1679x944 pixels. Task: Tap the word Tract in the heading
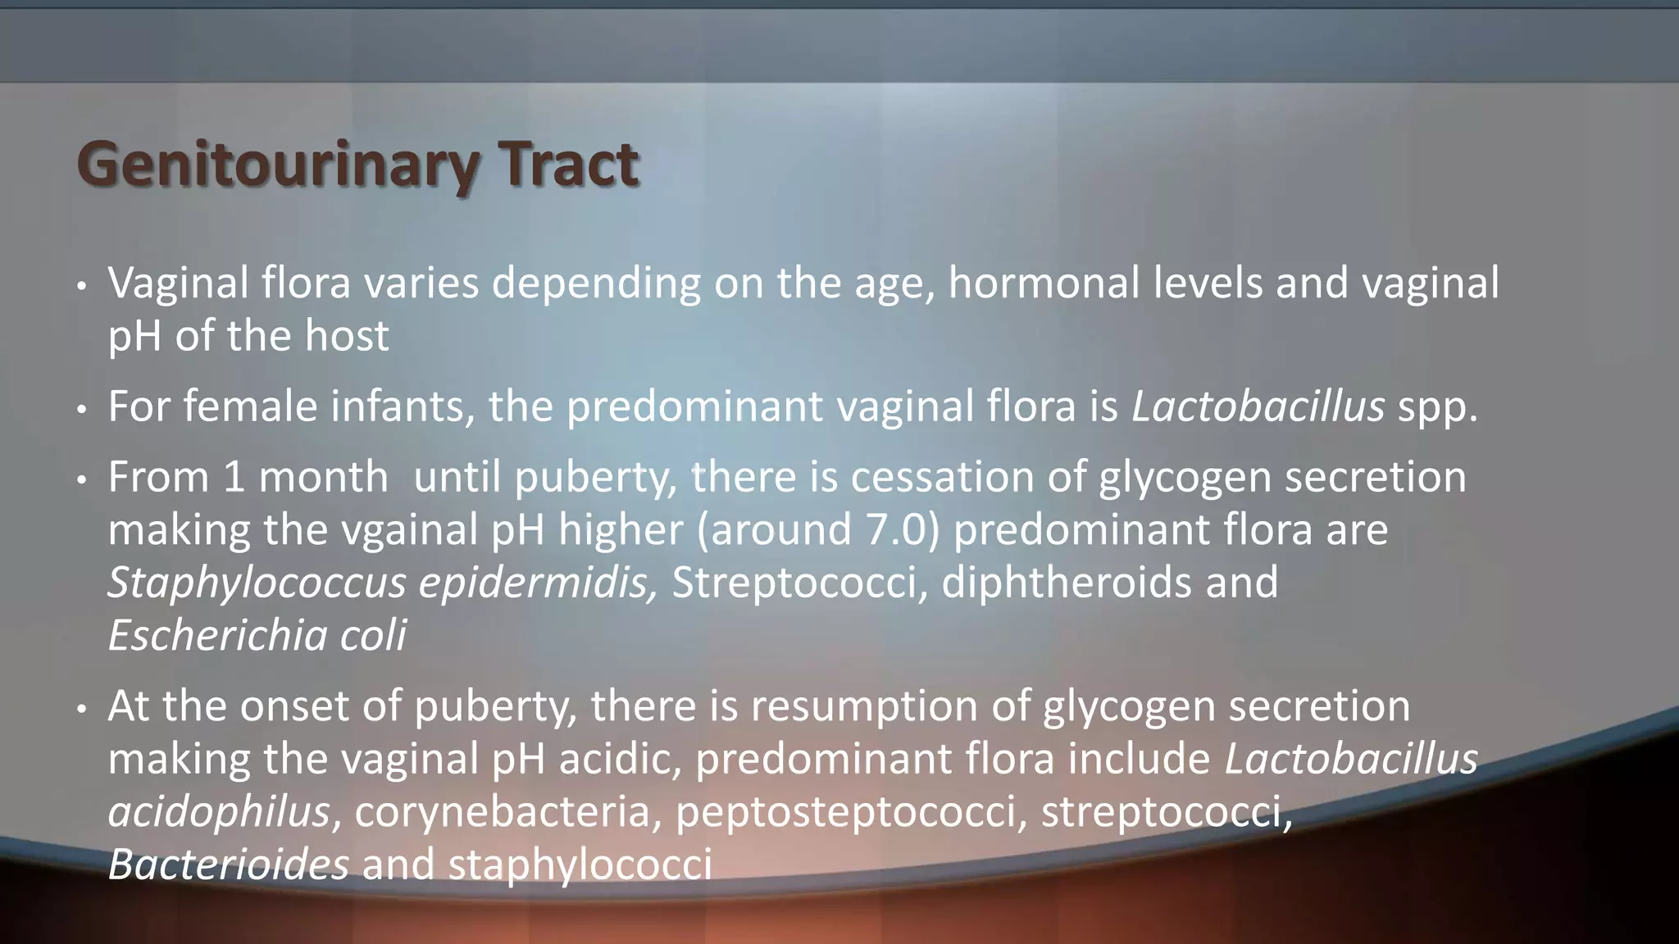click(570, 164)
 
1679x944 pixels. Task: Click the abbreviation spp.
click(1437, 408)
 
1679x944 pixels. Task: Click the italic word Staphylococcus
click(257, 583)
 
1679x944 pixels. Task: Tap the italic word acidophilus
click(219, 812)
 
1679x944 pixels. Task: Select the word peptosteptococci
click(851, 812)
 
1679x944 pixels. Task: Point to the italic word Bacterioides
click(228, 865)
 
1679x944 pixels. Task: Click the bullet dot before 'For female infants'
click(81, 409)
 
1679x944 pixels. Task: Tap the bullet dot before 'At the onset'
click(81, 708)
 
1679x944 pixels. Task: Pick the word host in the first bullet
click(347, 336)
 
